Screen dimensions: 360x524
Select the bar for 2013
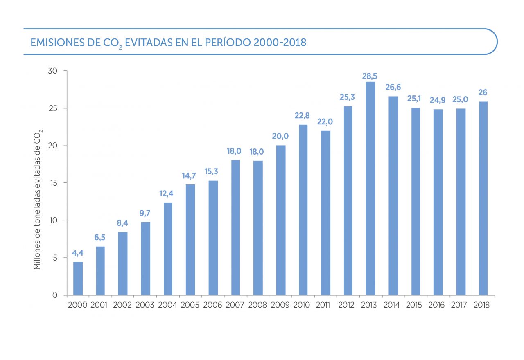click(x=370, y=188)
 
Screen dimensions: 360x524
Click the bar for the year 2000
click(x=78, y=278)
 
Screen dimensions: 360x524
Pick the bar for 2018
click(x=483, y=198)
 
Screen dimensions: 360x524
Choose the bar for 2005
click(x=190, y=240)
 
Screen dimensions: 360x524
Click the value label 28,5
click(x=370, y=76)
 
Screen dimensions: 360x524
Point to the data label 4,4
click(x=78, y=253)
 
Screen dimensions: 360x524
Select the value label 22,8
click(x=303, y=116)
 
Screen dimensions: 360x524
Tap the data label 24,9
click(x=437, y=100)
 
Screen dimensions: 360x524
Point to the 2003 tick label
click(x=145, y=305)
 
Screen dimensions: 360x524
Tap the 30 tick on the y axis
click(x=52, y=71)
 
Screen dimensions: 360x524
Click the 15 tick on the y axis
click(x=52, y=183)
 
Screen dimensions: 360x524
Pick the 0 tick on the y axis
click(x=54, y=295)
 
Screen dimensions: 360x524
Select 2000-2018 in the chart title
click(x=280, y=42)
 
